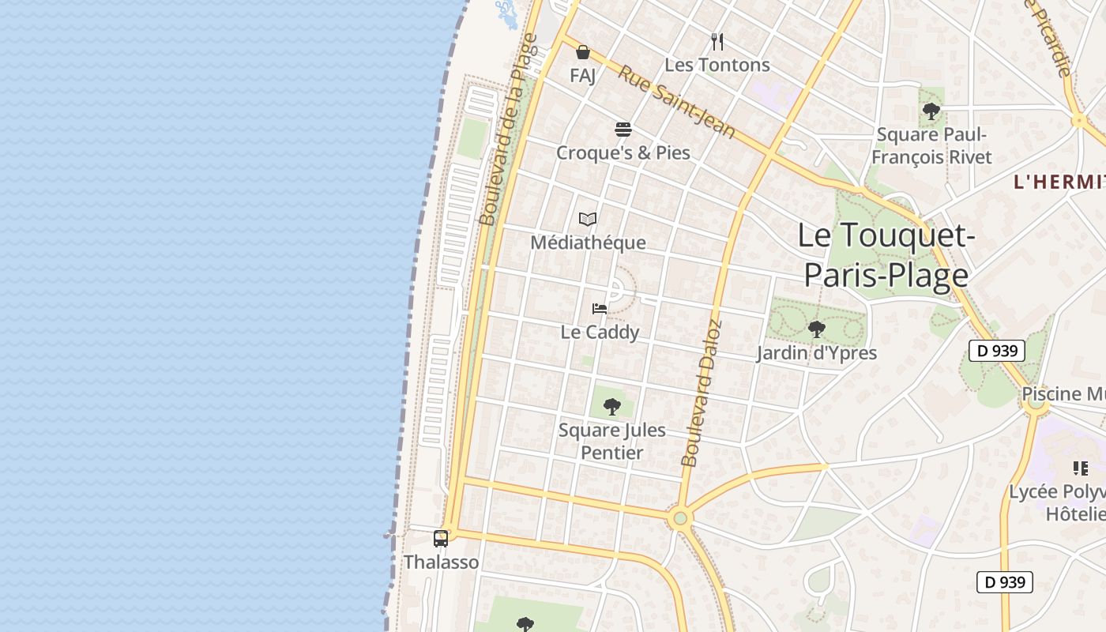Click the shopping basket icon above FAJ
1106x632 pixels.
click(x=583, y=52)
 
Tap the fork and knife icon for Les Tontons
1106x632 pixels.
click(x=717, y=41)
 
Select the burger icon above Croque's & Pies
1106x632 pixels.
click(x=623, y=129)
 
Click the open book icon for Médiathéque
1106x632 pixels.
click(x=587, y=219)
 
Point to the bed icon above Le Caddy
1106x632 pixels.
click(x=600, y=308)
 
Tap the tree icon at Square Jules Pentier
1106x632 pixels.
click(x=611, y=407)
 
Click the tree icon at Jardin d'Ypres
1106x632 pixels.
click(x=816, y=329)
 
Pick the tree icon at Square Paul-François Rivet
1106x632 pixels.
click(x=931, y=111)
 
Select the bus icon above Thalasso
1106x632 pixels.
click(x=441, y=539)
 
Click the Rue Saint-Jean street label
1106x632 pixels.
click(x=676, y=101)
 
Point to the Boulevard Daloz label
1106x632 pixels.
click(x=702, y=393)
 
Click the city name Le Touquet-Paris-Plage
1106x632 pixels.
click(x=886, y=254)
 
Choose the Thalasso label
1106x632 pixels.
click(x=441, y=562)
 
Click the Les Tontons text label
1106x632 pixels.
click(x=717, y=65)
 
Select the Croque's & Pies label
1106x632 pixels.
click(x=623, y=152)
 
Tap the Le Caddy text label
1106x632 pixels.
click(x=600, y=332)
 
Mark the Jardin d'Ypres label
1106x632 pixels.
click(x=816, y=352)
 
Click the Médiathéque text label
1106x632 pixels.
click(x=588, y=243)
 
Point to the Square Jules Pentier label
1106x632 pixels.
click(x=611, y=442)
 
